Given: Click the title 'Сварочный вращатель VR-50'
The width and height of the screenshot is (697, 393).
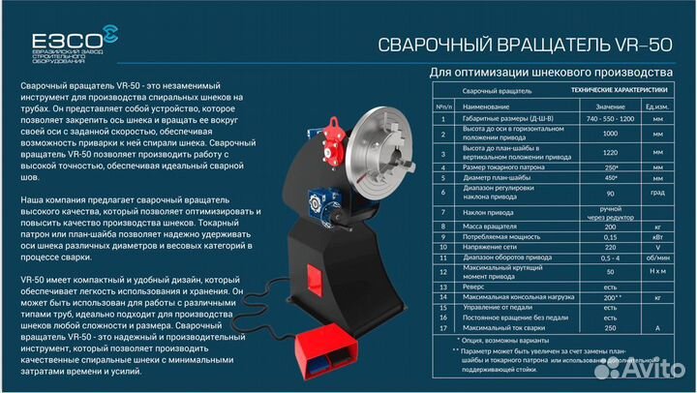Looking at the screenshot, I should [522, 45].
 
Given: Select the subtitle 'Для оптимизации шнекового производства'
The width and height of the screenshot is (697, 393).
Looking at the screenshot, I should [549, 74].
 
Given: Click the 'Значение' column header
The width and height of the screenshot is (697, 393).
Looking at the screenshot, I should [610, 106].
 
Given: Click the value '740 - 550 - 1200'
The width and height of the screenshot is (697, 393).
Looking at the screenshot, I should [610, 118].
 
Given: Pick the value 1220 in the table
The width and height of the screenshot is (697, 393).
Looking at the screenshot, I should [610, 153].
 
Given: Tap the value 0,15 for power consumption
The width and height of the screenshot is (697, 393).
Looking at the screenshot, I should [610, 235].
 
